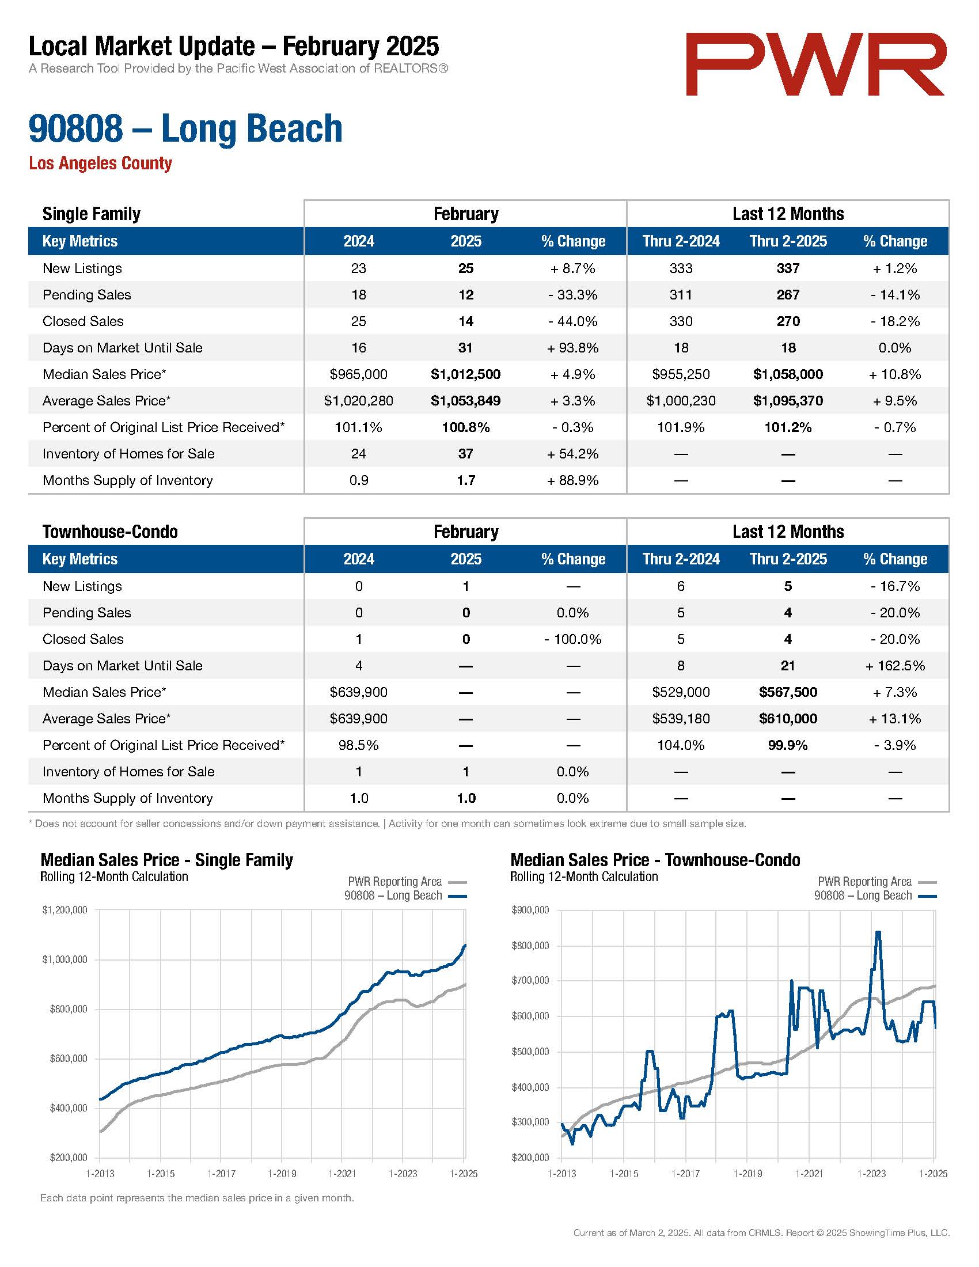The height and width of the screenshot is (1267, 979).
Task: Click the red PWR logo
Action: click(816, 64)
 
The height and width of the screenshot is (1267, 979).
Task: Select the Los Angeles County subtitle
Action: click(100, 163)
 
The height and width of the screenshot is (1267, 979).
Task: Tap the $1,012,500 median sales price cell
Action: click(466, 374)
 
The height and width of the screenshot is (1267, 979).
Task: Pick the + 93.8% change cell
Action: click(572, 347)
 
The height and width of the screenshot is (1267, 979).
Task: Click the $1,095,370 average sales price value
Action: click(788, 401)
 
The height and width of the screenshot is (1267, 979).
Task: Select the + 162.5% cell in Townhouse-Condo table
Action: click(895, 665)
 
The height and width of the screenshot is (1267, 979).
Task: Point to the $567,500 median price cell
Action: click(788, 692)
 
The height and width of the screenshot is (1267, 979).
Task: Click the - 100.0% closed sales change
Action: click(572, 639)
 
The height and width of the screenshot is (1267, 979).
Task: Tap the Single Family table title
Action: click(91, 214)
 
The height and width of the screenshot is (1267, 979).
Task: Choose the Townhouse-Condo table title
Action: click(110, 532)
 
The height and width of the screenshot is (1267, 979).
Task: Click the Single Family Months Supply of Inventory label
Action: click(128, 480)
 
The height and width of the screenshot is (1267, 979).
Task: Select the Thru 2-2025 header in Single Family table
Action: click(788, 241)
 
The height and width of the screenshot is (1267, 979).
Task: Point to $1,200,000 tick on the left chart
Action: click(64, 910)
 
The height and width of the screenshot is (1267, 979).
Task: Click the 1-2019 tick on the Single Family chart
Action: click(282, 1174)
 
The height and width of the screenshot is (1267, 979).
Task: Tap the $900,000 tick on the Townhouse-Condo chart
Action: click(530, 910)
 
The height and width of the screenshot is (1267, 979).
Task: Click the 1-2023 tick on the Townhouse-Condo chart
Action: click(872, 1174)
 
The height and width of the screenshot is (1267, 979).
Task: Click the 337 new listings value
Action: click(788, 268)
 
